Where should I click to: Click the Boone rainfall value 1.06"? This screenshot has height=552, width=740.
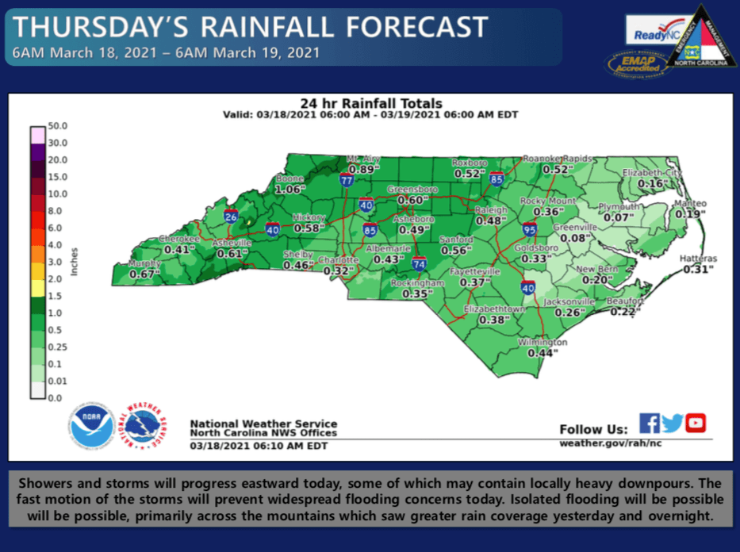(289, 190)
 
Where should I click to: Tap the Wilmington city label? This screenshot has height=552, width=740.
(543, 343)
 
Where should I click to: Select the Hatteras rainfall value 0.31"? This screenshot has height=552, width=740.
(698, 270)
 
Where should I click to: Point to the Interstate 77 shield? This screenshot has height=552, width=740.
(347, 180)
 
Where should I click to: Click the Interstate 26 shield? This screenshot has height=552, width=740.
(230, 216)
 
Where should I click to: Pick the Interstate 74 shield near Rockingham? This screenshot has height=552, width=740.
(419, 264)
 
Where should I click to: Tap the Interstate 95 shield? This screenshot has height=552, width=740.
(530, 230)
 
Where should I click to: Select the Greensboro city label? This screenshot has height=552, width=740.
(412, 190)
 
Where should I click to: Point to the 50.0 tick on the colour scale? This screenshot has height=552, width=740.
(58, 126)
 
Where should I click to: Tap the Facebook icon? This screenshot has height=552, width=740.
(649, 424)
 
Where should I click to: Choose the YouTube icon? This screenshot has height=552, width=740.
(696, 424)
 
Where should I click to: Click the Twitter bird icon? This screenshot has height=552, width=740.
(673, 424)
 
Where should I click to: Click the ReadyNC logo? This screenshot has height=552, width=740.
(653, 35)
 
